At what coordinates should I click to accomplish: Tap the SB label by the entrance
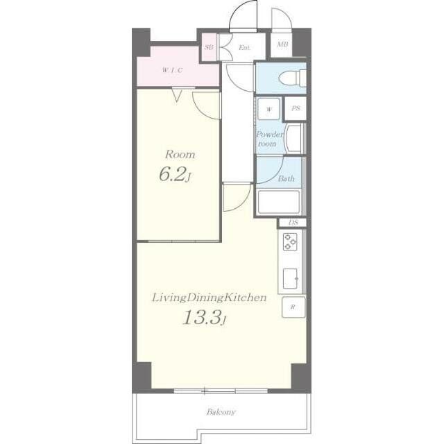coord(209,47)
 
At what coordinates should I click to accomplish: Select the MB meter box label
coord(282,44)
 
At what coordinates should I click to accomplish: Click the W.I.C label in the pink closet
coord(172,70)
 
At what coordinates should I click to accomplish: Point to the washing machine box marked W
coord(268,109)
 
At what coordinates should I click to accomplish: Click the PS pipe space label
coord(296,108)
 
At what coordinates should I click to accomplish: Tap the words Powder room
coord(269,139)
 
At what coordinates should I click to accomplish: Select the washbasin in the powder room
coord(294,139)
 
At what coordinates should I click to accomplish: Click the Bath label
coord(286,178)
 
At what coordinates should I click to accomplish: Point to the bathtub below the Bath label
coord(279,202)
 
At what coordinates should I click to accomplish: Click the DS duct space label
coord(293,223)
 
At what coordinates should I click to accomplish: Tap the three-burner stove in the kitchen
coord(290,241)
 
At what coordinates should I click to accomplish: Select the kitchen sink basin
coord(291,278)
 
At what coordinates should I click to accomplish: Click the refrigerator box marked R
coord(293,307)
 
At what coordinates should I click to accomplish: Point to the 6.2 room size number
coord(173,174)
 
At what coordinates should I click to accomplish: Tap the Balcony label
coord(221,411)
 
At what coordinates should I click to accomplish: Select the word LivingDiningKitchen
coord(210,298)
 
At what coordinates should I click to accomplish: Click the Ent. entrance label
coord(245,48)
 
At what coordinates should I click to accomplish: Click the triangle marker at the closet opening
coord(177,96)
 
